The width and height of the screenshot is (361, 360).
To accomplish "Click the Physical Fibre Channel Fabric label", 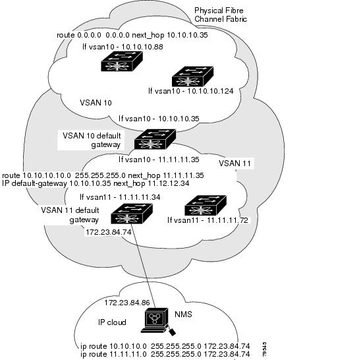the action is pos(221,15).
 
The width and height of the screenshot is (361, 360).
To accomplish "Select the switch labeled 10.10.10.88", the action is pos(122,61).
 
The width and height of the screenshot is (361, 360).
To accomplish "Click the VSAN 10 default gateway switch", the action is pos(155,139).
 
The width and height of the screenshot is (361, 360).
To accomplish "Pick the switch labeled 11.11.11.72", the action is pos(206,205).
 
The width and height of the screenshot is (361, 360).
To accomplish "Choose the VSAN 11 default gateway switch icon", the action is pos(132,214).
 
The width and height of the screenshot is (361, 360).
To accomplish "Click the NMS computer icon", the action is pos(157,320).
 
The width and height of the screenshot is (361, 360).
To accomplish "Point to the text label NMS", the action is pos(183,314).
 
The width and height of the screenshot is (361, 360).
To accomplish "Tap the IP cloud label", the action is pos(112,322).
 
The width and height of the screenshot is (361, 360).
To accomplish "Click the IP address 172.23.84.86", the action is pos(127,303).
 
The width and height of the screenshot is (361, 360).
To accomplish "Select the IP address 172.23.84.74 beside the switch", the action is pos(109,232).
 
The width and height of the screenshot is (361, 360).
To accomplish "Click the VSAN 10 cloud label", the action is pos(96,103).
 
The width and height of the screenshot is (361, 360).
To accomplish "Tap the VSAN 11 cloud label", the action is pos(235,164).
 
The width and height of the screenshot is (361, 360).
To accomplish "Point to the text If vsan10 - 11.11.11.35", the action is pos(159,160).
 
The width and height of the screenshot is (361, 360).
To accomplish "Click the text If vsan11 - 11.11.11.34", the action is pos(120,197).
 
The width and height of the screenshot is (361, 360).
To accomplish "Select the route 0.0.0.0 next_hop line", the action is pos(132,35).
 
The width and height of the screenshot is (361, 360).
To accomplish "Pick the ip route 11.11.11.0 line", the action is pos(165,354).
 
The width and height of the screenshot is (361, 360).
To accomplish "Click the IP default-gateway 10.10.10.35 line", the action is pos(96,183).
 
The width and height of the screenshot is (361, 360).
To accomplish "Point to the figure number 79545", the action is pos(265,349).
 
